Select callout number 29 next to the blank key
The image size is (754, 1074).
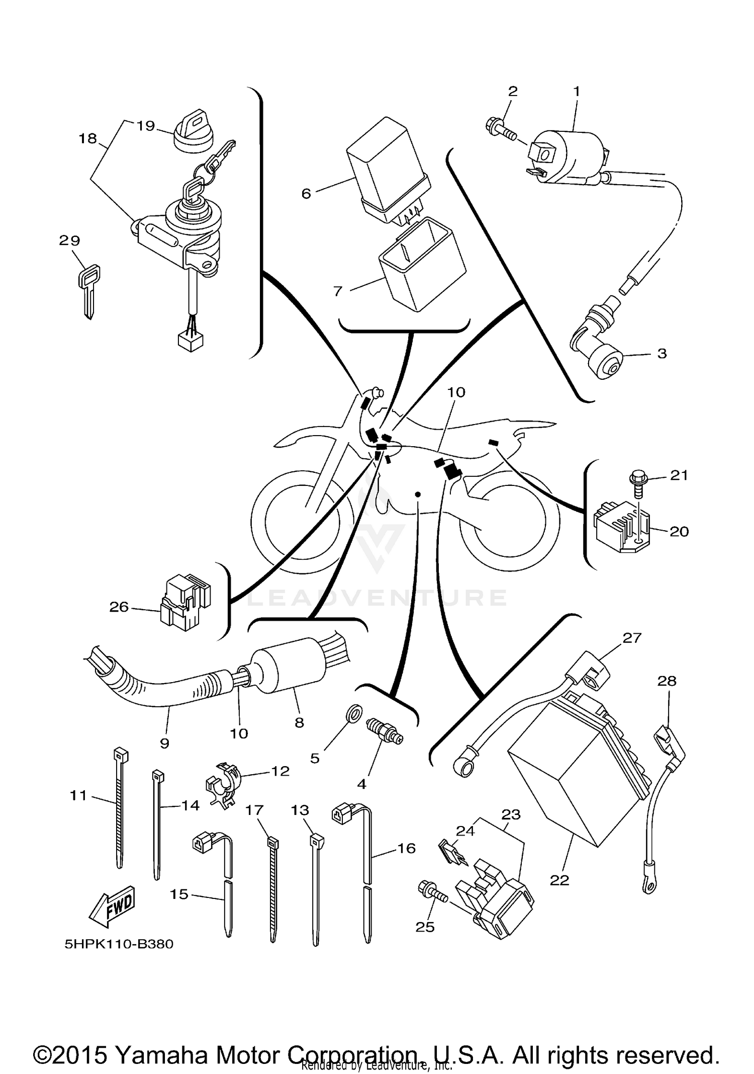[x=69, y=240]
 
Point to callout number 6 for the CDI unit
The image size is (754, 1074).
[x=306, y=194]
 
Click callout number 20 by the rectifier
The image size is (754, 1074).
[x=679, y=531]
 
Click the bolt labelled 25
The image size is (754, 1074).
[x=432, y=893]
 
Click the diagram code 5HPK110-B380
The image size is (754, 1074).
[x=119, y=944]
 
